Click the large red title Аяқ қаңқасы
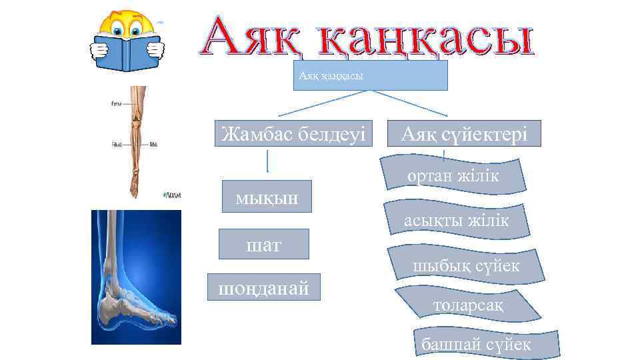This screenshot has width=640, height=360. pos(368,37)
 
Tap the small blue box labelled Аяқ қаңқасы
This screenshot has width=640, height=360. pos(369,76)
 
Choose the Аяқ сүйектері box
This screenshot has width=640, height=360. pos(465,134)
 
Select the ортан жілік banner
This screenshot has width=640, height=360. pos(453,176)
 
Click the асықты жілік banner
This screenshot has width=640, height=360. pos(456,221)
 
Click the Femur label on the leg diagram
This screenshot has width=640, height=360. pos(117,103)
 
